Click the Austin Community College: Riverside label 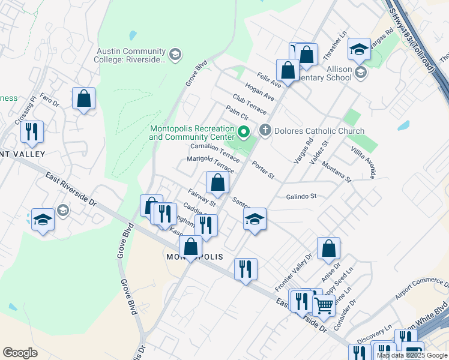(x=130, y=55)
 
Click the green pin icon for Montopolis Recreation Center (x=243, y=131)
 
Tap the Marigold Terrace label (x=211, y=162)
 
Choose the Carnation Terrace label (x=215, y=150)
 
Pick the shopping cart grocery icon (x=324, y=305)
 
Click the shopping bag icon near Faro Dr (x=83, y=98)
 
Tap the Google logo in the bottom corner (x=20, y=353)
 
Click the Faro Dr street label (x=51, y=103)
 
